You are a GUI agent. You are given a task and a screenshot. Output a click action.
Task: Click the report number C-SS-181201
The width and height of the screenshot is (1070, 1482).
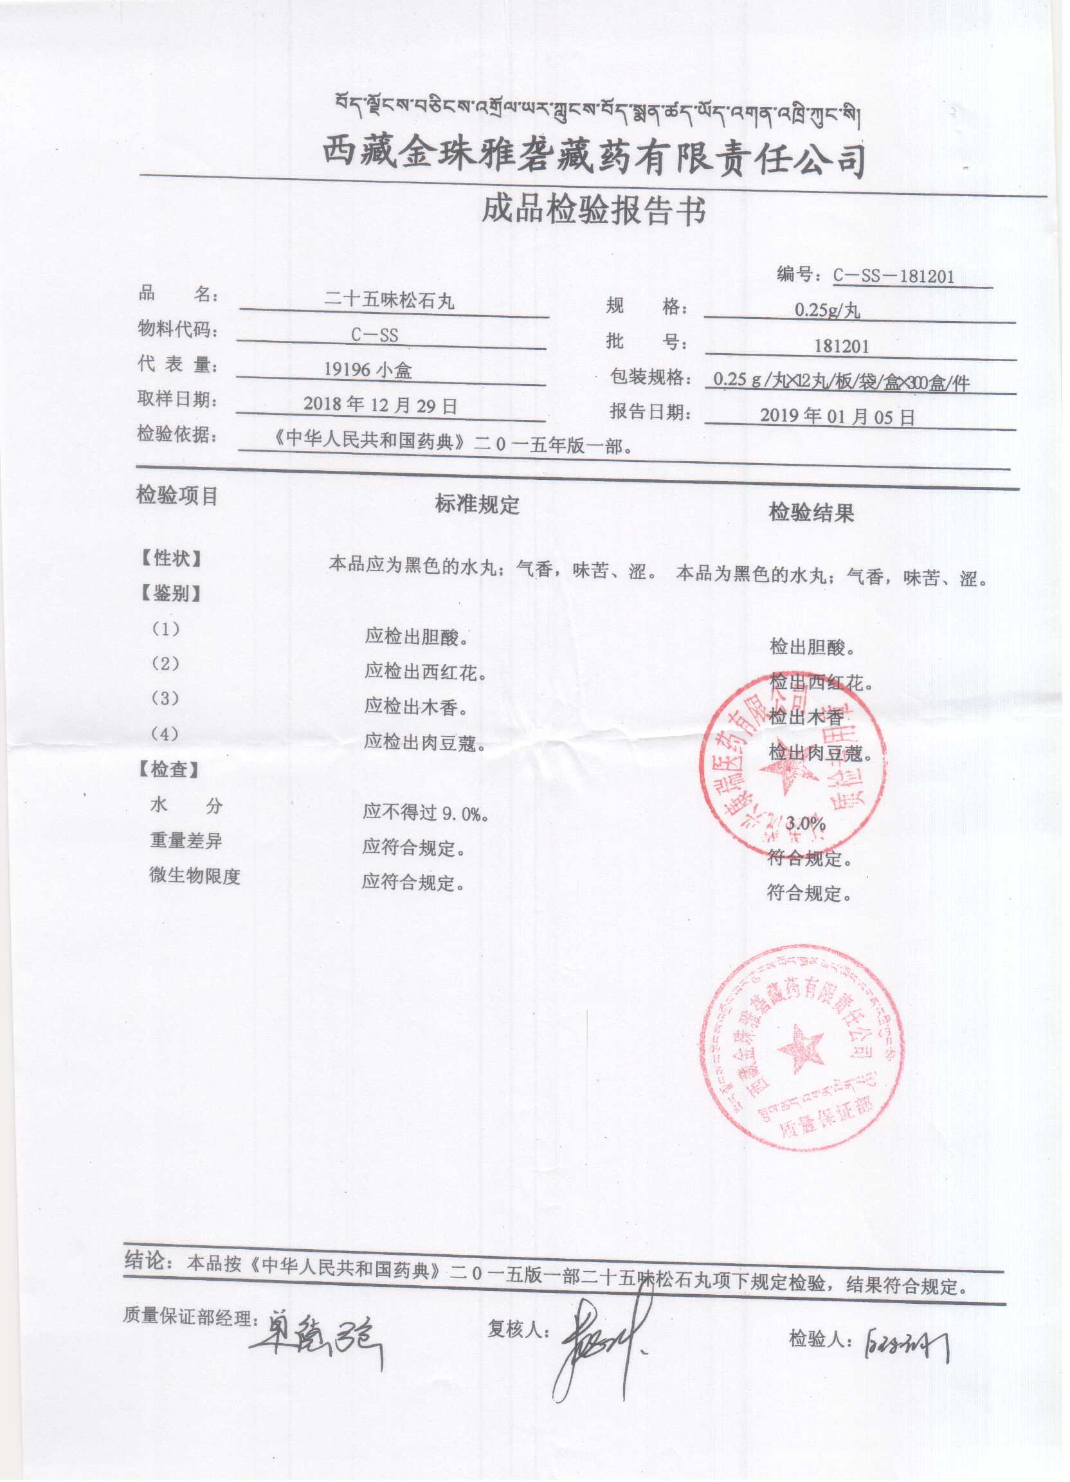(893, 277)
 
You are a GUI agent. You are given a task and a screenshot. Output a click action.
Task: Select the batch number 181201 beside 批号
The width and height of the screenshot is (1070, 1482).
(841, 346)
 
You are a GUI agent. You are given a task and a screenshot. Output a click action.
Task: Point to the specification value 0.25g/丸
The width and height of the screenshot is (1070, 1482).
(827, 311)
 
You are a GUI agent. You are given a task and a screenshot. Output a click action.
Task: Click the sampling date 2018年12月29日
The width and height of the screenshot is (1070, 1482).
(379, 405)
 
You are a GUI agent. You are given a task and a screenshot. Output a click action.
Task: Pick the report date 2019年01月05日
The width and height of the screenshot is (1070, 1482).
(837, 417)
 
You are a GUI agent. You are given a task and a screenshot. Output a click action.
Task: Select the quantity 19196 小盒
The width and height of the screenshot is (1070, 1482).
(368, 370)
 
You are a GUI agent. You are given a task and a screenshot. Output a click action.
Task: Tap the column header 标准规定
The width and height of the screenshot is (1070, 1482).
(477, 504)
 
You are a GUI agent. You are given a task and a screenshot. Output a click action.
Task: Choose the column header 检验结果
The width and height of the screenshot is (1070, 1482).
(812, 513)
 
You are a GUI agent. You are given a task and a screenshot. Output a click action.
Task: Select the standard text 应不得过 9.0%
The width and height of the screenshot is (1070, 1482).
(426, 814)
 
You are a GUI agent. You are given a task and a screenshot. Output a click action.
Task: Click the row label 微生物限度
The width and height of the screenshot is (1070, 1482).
(195, 876)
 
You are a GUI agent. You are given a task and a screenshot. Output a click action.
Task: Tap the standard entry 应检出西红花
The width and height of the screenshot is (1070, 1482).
(425, 671)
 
